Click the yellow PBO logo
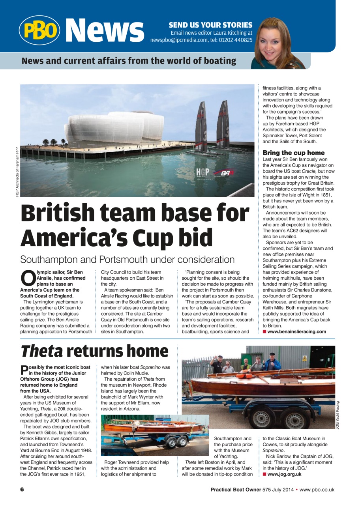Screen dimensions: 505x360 (x=39, y=30)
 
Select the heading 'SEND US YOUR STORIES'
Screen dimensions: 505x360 (x=210, y=25)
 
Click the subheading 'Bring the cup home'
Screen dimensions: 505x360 (x=294, y=153)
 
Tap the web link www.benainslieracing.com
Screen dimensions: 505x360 (x=296, y=331)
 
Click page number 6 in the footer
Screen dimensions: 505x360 (x=22, y=490)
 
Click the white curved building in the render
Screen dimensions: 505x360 (x=114, y=128)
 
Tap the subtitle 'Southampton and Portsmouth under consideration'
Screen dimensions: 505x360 (x=127, y=260)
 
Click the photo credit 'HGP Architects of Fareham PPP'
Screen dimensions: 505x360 (x=17, y=172)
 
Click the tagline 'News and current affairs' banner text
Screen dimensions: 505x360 (x=129, y=61)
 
